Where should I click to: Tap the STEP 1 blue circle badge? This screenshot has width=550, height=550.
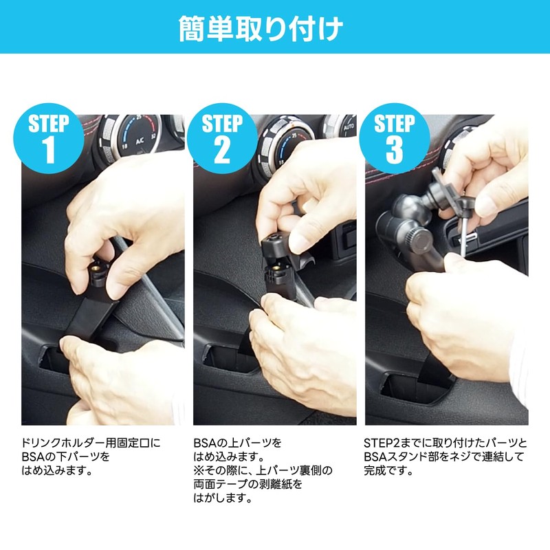[49, 140]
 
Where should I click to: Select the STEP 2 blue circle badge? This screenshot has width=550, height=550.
[222, 140]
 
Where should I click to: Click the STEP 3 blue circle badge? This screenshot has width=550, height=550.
[395, 140]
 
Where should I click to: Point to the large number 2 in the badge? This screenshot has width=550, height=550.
[222, 152]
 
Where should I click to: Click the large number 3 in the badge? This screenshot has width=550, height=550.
[395, 152]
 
